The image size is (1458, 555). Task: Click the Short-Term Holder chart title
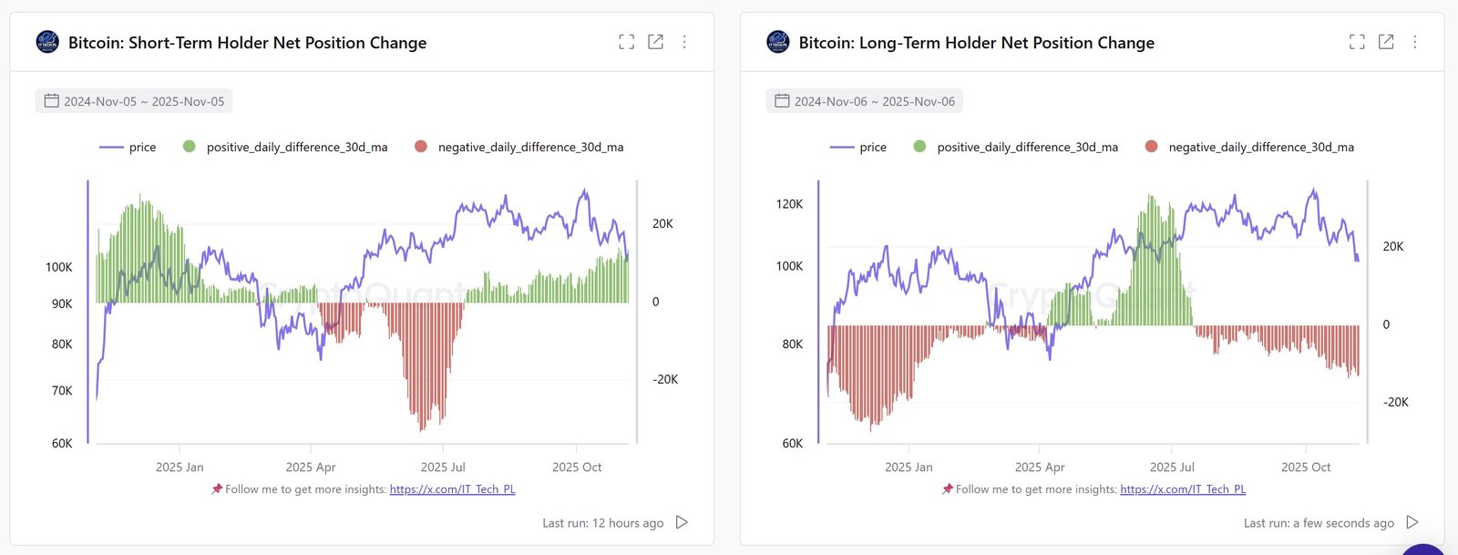(247, 43)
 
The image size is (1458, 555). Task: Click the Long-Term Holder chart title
(976, 43)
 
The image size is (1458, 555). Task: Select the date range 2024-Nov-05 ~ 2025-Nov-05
(134, 101)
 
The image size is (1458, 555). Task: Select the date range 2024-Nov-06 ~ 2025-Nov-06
(865, 101)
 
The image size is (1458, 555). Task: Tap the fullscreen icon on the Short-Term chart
(626, 42)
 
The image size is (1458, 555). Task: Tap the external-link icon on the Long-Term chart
(1386, 42)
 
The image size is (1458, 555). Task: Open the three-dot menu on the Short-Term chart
(684, 42)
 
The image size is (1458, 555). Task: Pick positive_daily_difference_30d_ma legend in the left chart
(286, 147)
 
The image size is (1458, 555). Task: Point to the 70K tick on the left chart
(62, 391)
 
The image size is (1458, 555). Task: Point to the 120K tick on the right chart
(789, 204)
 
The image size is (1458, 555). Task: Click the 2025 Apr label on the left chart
(311, 467)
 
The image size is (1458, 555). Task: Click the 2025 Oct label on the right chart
(1306, 467)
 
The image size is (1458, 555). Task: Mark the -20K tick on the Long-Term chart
(1395, 402)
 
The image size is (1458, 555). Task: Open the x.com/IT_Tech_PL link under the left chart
(452, 489)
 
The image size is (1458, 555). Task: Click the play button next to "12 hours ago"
(682, 522)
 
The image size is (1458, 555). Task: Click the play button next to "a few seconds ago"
(1412, 522)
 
